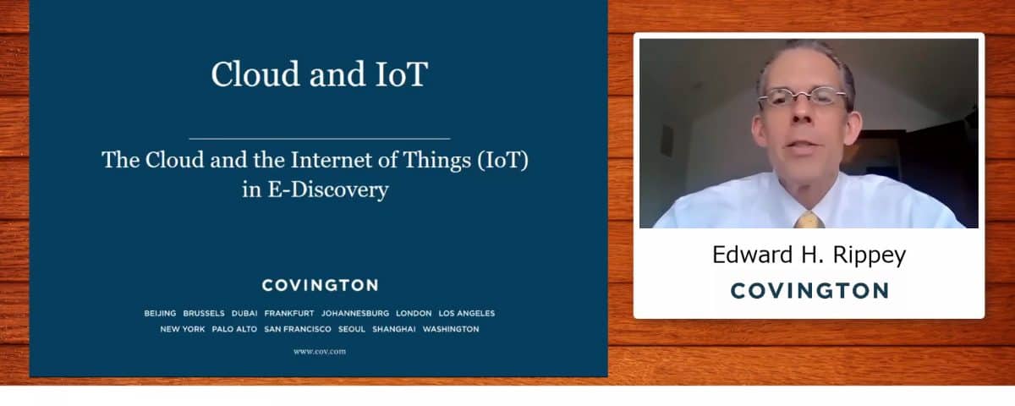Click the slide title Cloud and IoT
pos(320,74)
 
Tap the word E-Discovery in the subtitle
pos(328,189)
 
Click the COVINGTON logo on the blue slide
pos(320,286)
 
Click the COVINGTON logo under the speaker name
pos(809,291)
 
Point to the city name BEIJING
pos(160,313)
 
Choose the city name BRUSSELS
pos(204,313)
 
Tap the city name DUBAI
pos(244,313)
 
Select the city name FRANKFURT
pos(289,313)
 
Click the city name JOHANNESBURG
pos(355,313)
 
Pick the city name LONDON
pos(414,313)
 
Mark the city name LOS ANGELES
pos(467,313)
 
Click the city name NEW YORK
pos(183,329)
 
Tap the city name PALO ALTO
pos(234,329)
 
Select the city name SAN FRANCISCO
pos(298,329)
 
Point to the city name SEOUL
pos(352,329)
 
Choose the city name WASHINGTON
pos(451,329)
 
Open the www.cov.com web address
pos(320,351)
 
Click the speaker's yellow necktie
pos(809,220)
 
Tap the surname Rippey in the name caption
pos(870,255)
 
